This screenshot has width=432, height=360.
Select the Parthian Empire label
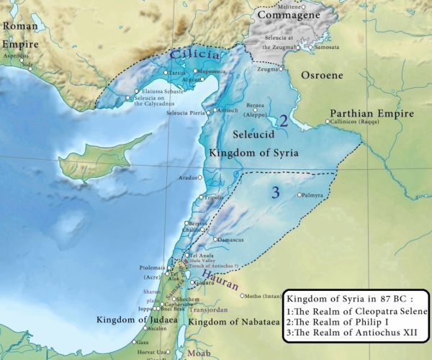click(x=372, y=114)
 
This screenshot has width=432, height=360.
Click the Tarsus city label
click(x=177, y=73)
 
